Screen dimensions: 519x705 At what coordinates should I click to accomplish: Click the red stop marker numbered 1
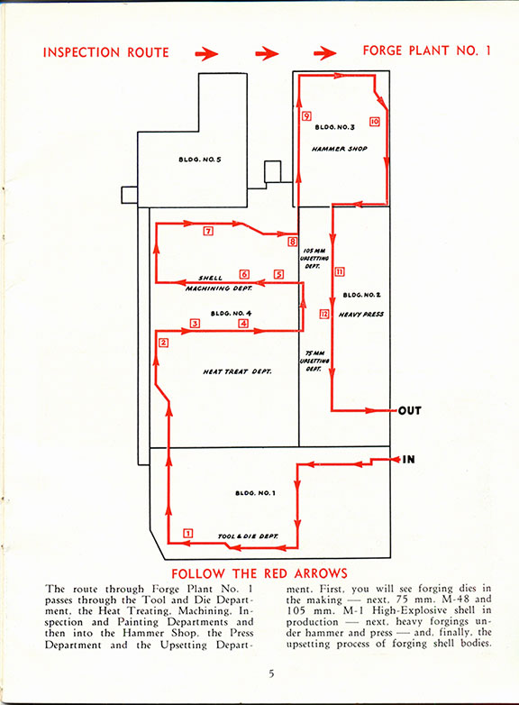(187, 533)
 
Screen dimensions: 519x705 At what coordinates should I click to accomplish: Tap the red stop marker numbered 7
(208, 231)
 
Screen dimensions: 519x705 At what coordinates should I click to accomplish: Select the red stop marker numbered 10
(374, 122)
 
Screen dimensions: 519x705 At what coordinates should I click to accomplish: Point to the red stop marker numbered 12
(324, 314)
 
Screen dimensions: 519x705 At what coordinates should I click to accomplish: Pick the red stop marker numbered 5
(278, 274)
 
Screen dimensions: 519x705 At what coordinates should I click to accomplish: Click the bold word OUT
(410, 410)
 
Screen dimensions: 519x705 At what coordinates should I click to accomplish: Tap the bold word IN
(408, 460)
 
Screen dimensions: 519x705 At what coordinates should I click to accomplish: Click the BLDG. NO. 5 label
(200, 160)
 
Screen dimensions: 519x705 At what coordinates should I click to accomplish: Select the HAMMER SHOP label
(340, 149)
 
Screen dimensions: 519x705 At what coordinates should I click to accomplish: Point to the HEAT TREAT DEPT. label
(237, 371)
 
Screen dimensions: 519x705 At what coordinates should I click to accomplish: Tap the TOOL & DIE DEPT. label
(248, 536)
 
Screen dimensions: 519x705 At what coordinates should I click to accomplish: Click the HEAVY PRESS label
(360, 315)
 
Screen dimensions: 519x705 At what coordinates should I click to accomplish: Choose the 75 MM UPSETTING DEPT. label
(314, 361)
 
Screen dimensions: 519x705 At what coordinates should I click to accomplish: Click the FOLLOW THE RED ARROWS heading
(259, 573)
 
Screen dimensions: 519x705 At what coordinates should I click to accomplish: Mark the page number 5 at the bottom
(271, 673)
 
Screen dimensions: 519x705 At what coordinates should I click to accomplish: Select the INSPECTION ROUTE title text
(106, 52)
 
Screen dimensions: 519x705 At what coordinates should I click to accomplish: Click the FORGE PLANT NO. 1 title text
(426, 50)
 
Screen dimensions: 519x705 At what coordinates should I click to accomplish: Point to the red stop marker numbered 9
(306, 116)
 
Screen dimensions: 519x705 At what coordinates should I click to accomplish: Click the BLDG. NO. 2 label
(361, 295)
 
